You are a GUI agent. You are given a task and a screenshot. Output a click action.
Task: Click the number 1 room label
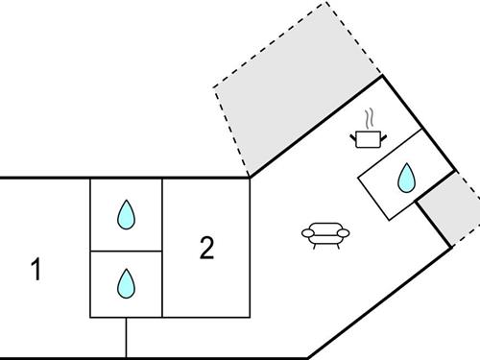pyautogui.click(x=36, y=271)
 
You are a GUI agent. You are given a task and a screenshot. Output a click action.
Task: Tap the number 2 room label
pyautogui.click(x=206, y=248)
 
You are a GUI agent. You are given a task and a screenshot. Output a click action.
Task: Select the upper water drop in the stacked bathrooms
pyautogui.click(x=126, y=214)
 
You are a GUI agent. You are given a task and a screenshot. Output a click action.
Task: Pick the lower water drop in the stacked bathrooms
pyautogui.click(x=126, y=283)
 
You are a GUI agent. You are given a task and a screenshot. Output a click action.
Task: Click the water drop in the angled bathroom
pyautogui.click(x=406, y=177)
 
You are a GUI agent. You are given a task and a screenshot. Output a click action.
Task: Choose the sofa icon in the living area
pyautogui.click(x=325, y=233)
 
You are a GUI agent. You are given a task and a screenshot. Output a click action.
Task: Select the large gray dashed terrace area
pyautogui.click(x=298, y=106)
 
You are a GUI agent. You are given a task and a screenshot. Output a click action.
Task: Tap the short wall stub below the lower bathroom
pyautogui.click(x=126, y=337)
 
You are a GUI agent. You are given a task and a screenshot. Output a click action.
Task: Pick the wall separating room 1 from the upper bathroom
pyautogui.click(x=90, y=214)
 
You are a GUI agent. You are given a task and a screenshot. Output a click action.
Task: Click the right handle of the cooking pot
pyautogui.click(x=381, y=136)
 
